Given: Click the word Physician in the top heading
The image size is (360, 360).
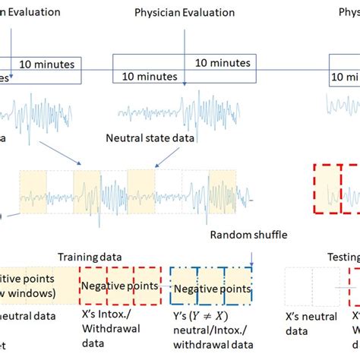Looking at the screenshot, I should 156,11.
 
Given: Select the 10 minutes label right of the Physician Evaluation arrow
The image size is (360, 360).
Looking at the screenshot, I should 222,62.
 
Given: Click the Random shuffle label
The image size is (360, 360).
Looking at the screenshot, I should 248,236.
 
